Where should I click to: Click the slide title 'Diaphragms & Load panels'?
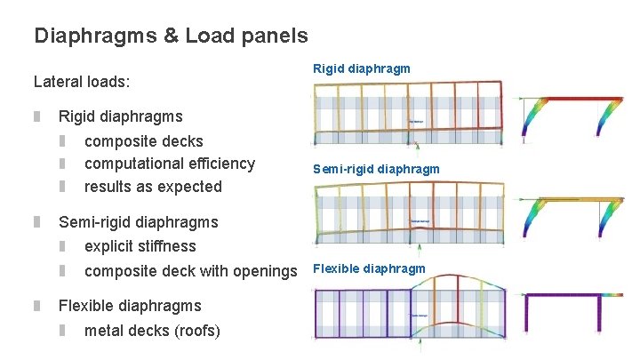171,36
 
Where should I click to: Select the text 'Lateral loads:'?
82,82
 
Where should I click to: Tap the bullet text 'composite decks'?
143,141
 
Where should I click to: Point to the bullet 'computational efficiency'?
169,164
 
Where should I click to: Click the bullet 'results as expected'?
153,187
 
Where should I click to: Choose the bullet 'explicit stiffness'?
140,246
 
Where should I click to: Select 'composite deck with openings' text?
190,270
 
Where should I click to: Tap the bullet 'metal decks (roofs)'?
152,332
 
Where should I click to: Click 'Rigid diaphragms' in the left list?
120,116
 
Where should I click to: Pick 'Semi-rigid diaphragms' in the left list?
138,222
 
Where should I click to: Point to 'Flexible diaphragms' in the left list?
130,306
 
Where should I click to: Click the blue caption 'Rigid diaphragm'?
361,68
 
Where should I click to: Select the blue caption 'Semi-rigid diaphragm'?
375,169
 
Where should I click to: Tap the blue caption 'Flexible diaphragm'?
368,268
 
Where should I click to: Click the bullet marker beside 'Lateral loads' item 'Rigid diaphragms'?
37,116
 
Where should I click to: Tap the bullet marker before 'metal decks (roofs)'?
63,332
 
